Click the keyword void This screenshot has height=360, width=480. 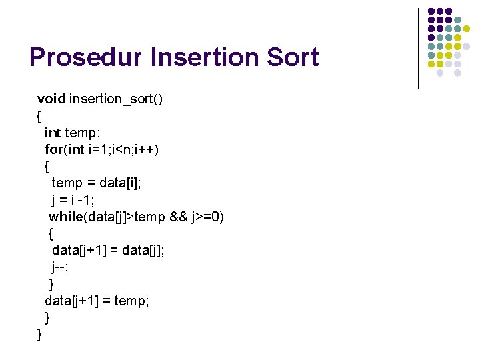pyautogui.click(x=51, y=99)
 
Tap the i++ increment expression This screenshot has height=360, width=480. pyautogui.click(x=147, y=149)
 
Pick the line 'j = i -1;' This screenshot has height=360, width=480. pyautogui.click(x=75, y=199)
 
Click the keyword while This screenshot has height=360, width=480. pyautogui.click(x=65, y=217)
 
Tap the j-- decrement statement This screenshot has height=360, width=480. pyautogui.click(x=61, y=267)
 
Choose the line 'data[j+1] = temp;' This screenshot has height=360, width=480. pyautogui.click(x=97, y=301)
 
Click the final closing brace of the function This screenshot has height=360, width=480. pyautogui.click(x=40, y=334)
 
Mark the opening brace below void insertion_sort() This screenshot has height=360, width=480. pyautogui.click(x=39, y=116)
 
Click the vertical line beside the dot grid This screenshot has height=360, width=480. pyautogui.click(x=418, y=48)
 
